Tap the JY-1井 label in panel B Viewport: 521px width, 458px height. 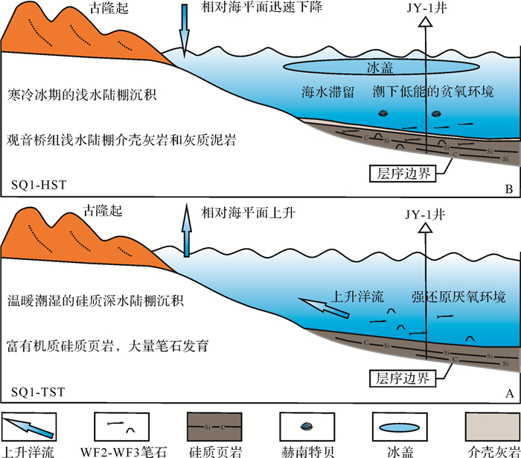(426, 9)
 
